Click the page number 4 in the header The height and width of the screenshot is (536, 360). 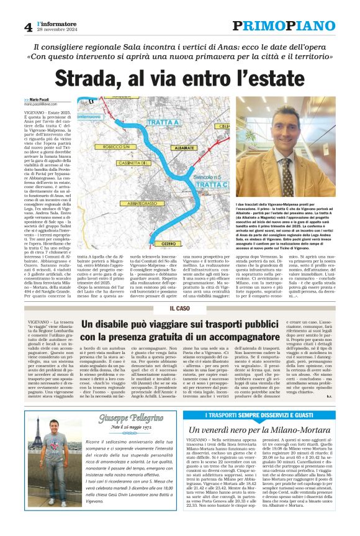click(28, 27)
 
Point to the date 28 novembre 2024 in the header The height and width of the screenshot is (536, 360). click(57, 30)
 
